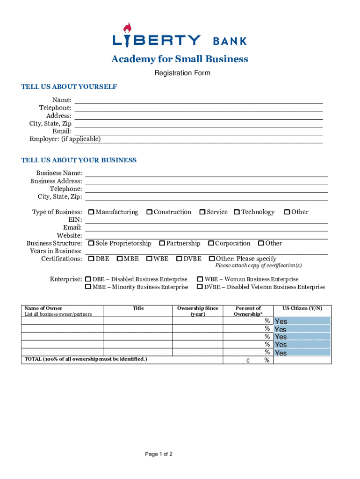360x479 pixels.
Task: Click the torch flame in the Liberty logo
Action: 127,28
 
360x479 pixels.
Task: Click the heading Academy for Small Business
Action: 180,59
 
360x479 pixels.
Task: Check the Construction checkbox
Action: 150,212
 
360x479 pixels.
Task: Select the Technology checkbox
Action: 237,212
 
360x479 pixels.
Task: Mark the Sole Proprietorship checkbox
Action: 92,243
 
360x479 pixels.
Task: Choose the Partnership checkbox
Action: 162,243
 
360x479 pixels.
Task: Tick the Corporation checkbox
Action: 211,243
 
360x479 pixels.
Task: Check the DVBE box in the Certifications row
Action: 179,259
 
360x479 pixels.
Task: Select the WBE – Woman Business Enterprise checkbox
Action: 200,279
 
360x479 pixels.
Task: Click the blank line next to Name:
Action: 199,100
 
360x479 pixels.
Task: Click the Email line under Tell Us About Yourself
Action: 199,131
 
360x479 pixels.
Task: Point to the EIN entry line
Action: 206,220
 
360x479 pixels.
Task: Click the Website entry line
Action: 206,235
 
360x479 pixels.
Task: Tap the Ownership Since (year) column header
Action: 198,311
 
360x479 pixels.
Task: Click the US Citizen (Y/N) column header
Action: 302,308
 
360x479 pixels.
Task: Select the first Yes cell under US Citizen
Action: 302,321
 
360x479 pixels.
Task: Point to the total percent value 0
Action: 248,361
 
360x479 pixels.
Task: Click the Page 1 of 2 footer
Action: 159,454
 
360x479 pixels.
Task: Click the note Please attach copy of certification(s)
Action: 258,266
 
